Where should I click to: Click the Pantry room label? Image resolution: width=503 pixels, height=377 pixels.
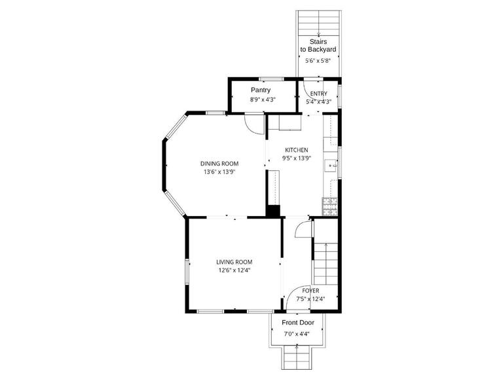(x=260, y=90)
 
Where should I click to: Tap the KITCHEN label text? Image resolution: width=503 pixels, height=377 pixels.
(x=295, y=150)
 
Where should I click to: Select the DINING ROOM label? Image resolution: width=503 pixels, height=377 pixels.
(x=219, y=164)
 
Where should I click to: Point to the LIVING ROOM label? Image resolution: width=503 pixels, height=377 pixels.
(x=234, y=262)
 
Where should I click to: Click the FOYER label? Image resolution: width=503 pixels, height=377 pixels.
(x=310, y=291)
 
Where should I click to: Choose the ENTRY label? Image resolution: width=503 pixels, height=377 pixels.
(x=319, y=94)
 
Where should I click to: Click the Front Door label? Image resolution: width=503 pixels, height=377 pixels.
(x=298, y=323)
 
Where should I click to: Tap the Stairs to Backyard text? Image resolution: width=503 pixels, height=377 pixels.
(x=318, y=45)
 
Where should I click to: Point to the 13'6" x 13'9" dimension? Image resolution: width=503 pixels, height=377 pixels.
(x=219, y=172)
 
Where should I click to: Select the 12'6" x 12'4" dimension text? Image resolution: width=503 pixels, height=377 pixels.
(x=234, y=270)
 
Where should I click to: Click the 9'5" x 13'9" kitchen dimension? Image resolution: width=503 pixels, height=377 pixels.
(x=296, y=158)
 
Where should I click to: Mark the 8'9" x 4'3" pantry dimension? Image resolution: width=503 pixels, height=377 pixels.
(x=263, y=100)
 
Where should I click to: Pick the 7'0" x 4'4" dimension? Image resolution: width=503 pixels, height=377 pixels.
(x=297, y=334)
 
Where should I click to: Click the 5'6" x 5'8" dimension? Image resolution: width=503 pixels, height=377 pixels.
(x=318, y=61)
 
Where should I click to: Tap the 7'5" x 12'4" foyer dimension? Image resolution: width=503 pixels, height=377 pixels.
(x=310, y=299)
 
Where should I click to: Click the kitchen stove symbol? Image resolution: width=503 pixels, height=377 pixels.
(x=330, y=207)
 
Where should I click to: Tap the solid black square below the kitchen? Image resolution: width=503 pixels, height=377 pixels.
(x=273, y=211)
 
